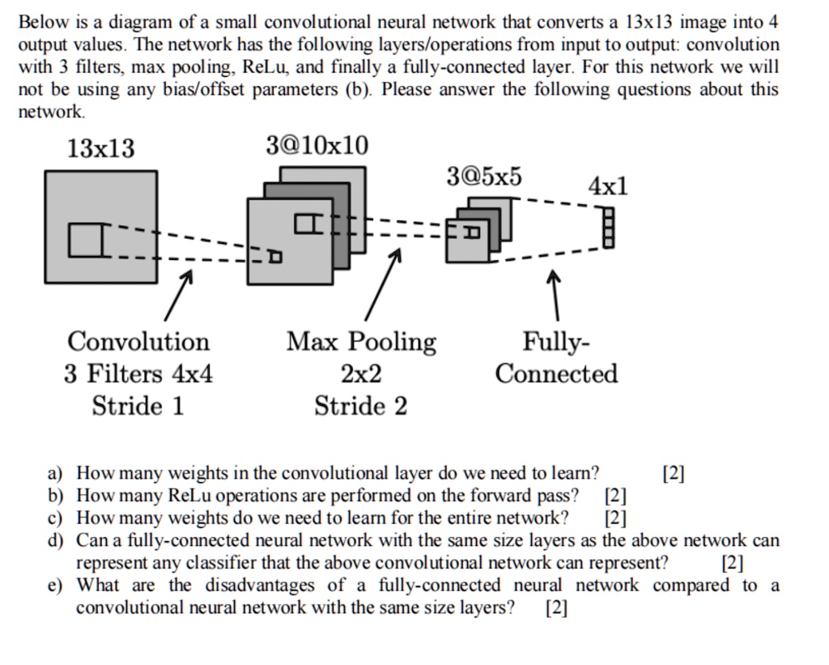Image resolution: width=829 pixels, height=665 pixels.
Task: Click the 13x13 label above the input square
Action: coord(101,149)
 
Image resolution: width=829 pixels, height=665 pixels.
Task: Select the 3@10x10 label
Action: coord(317,146)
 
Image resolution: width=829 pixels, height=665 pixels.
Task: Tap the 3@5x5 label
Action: coord(484,177)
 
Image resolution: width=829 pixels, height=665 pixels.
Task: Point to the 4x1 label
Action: coord(607,187)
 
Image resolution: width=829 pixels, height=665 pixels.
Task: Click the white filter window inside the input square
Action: coord(84,241)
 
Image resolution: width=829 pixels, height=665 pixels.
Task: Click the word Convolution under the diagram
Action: coord(138,342)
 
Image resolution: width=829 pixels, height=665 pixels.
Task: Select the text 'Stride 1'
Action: coord(138,405)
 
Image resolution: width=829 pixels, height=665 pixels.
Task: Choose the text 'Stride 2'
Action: coord(361,405)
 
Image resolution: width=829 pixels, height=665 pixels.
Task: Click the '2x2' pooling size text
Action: coord(361,373)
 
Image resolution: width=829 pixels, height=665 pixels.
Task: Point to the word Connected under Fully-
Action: coord(556,373)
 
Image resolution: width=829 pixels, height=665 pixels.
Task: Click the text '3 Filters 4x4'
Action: coord(138,373)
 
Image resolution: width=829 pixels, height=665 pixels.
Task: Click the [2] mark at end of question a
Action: coord(673,473)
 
